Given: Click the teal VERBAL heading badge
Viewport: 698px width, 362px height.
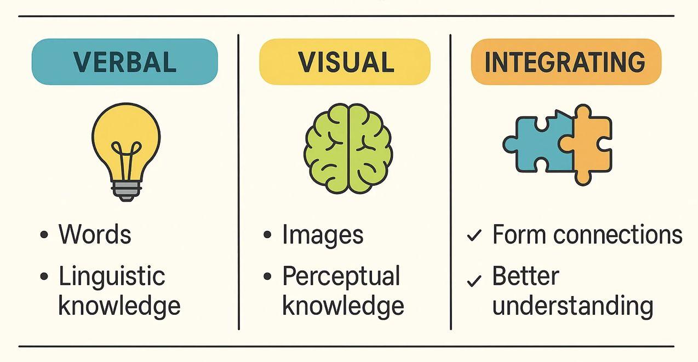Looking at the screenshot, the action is [124, 61].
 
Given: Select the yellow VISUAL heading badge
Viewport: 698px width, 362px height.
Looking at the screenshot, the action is [345, 61].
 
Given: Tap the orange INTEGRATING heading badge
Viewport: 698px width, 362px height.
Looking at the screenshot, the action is [565, 61].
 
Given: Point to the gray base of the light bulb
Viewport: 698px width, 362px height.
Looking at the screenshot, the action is [126, 190].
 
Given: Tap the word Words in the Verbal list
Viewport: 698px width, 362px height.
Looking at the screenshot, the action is [95, 235].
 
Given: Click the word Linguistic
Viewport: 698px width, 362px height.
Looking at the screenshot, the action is [112, 276].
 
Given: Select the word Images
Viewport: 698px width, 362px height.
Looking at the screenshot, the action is [323, 235].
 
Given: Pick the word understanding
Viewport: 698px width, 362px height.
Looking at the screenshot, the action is [573, 305].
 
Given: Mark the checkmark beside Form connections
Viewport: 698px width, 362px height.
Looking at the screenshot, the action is [474, 236].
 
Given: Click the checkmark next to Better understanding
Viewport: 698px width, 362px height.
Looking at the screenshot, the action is [474, 281].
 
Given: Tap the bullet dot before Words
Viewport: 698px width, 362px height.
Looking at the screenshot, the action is [44, 235].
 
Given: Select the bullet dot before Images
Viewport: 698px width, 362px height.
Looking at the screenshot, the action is [267, 235].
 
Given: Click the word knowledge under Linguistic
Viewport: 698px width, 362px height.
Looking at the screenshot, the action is [119, 306].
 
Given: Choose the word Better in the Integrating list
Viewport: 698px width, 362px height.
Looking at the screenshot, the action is [525, 276].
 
